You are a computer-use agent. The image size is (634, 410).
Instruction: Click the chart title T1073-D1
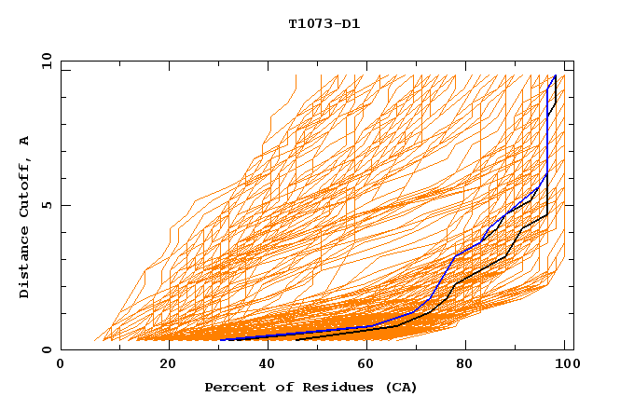coord(324,23)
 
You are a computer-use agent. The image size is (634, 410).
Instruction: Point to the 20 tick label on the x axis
coord(168,364)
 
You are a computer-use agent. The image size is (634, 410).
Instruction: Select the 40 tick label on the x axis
coord(269,364)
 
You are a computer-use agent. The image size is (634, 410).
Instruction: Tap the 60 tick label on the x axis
coord(370,364)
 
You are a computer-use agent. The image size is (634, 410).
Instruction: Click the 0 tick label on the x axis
coord(61,364)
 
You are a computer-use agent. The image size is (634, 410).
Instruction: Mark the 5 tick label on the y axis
coord(46,205)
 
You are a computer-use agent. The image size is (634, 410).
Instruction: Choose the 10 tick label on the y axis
coord(43,61)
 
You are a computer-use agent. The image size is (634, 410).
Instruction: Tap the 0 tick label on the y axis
coord(46,349)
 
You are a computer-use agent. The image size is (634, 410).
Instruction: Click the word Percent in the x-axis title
coord(234,387)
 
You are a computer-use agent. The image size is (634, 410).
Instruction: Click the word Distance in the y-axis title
coord(24,261)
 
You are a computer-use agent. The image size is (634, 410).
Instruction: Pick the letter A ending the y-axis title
coord(24,140)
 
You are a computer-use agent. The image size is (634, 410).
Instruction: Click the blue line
coord(454,255)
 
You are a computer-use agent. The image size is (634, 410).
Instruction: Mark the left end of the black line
coord(296,340)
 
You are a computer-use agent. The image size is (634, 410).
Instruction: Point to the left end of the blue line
coord(221,340)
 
